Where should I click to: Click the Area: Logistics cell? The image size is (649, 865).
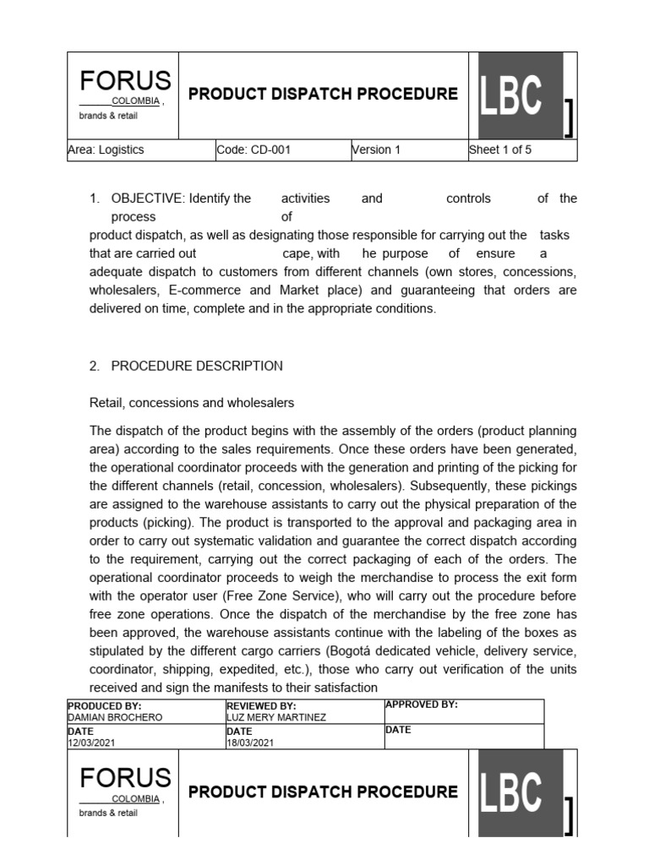[106, 150]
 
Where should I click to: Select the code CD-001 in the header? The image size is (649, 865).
[254, 150]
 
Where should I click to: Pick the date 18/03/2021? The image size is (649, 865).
[250, 743]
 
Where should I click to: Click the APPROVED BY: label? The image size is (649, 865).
[421, 705]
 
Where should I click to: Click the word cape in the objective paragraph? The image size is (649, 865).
[297, 253]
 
